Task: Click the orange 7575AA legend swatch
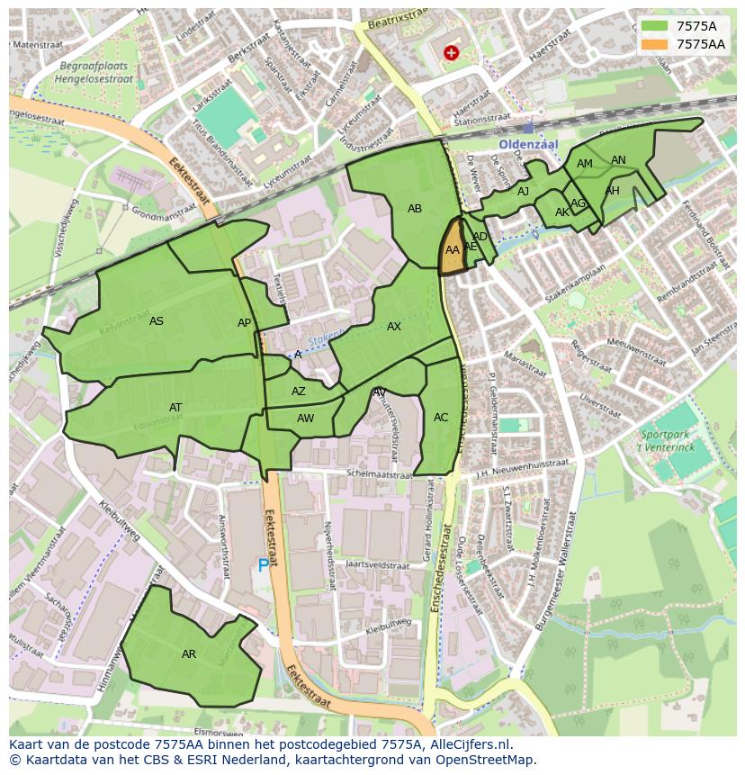click(x=655, y=44)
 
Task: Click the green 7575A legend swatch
click(x=655, y=26)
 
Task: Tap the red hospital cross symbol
click(x=451, y=53)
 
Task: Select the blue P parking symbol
click(x=264, y=565)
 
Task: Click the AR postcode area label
click(x=189, y=654)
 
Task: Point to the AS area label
click(x=157, y=321)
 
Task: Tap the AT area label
click(x=175, y=408)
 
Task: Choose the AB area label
click(x=415, y=209)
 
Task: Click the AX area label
click(x=394, y=327)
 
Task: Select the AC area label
click(x=441, y=418)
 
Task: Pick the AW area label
click(x=306, y=419)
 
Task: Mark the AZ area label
click(x=299, y=392)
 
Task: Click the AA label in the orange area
click(x=453, y=250)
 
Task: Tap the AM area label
click(x=585, y=164)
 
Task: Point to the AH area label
click(x=613, y=191)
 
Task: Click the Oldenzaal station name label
click(x=530, y=144)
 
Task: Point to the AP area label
click(x=245, y=323)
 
